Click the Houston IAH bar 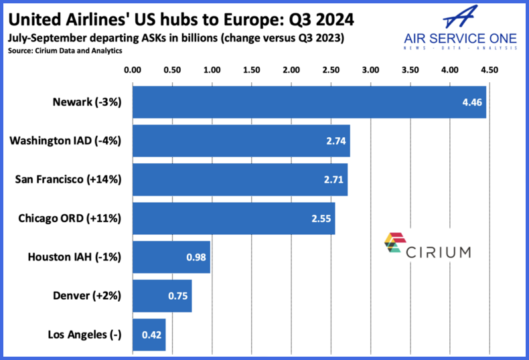tap(171, 256)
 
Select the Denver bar tap(162, 294)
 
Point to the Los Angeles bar tap(149, 333)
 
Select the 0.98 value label tap(196, 256)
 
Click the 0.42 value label tap(151, 333)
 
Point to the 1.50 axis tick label tap(251, 69)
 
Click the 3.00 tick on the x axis tap(370, 69)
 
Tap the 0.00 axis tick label tap(133, 69)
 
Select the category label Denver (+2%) tap(86, 294)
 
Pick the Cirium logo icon tap(394, 244)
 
